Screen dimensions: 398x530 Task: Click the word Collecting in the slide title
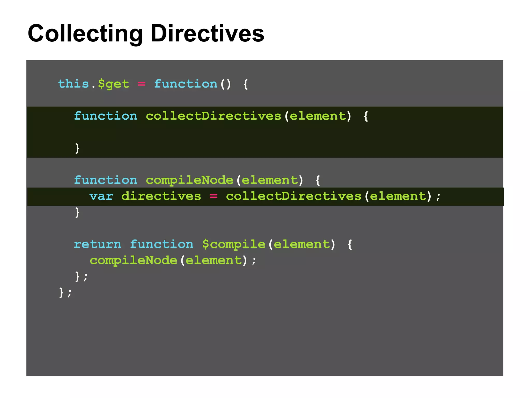pos(85,34)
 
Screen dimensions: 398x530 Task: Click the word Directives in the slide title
pos(207,34)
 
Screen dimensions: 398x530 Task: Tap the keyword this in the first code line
pos(73,84)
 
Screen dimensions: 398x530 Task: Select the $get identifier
pos(114,84)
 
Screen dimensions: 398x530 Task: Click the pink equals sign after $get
pos(141,84)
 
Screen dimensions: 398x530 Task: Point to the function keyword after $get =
pos(186,84)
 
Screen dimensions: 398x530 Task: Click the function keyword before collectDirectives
pos(106,116)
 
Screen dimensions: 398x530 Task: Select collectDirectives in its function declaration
pos(213,116)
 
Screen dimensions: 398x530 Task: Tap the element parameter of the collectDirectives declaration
pos(318,116)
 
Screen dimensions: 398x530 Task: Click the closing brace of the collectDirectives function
pos(77,148)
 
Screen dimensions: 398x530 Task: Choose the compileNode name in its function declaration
pos(189,180)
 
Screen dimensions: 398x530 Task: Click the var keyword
pos(101,196)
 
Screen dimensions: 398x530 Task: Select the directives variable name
pos(161,196)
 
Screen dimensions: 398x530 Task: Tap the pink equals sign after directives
pos(214,196)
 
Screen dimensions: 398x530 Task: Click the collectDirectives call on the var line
pos(293,196)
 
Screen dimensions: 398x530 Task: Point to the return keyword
pos(98,244)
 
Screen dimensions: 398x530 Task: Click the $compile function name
pos(234,244)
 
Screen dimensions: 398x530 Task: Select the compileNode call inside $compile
pos(133,260)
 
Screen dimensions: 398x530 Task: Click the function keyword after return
pos(161,244)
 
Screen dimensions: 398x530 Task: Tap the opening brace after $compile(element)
pos(350,244)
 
